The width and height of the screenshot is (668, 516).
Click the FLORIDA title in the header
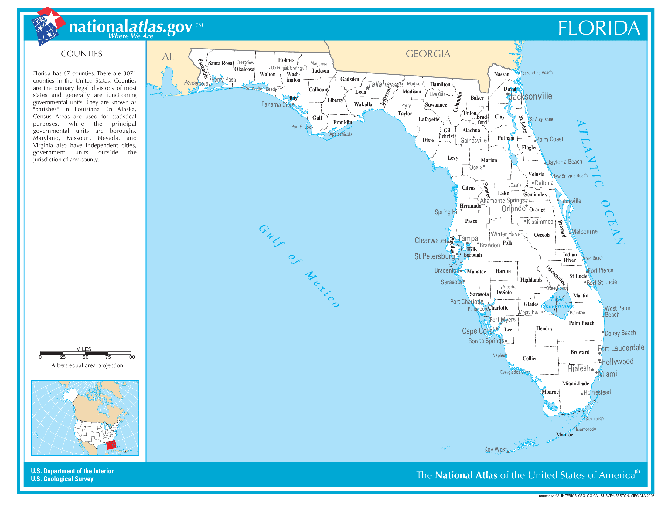[599, 28]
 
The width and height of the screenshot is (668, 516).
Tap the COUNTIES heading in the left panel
[81, 54]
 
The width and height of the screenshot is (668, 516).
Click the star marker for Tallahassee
[368, 88]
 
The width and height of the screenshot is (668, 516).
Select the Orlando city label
[513, 209]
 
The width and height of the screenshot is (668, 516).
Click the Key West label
[495, 449]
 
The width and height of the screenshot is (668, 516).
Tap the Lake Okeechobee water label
[557, 303]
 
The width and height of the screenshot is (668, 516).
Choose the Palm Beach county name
[581, 323]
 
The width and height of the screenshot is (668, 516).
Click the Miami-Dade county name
[575, 383]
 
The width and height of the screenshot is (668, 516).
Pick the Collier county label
[530, 358]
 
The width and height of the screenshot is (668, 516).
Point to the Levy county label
[453, 158]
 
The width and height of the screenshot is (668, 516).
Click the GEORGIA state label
[428, 54]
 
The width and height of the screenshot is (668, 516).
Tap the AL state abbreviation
[168, 57]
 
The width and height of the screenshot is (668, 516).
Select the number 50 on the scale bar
[85, 357]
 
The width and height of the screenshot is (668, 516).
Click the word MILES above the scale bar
[83, 349]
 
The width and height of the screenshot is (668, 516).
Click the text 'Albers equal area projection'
[87, 365]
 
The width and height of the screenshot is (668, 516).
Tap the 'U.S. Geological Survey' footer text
[62, 479]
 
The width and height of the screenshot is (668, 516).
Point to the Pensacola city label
[196, 83]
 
